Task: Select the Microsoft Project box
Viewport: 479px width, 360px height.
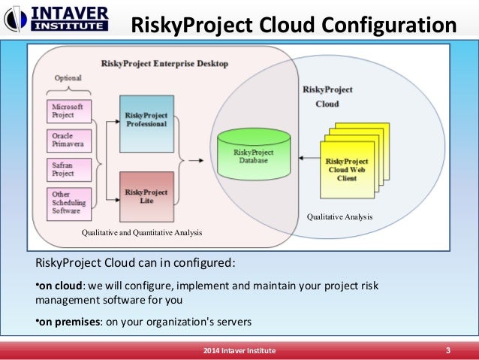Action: point(68,110)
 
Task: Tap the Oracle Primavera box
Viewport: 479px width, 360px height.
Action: point(68,140)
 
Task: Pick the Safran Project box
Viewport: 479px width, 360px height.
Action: point(68,170)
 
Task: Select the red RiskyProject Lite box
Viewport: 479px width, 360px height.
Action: point(146,197)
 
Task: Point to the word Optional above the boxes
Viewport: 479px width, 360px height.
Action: point(68,78)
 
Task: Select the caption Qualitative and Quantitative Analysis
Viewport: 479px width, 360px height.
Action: point(142,233)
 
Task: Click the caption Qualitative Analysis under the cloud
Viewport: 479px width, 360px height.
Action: point(339,217)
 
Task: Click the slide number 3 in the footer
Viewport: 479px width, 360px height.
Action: point(447,351)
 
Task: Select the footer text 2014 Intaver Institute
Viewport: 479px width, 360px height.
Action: point(239,351)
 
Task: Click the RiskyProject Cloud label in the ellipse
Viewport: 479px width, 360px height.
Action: point(327,96)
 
